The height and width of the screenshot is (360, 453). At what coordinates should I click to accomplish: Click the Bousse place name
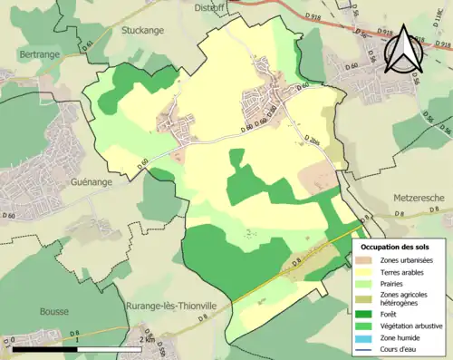(x=53, y=311)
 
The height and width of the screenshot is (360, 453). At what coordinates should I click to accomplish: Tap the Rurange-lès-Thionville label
(x=172, y=306)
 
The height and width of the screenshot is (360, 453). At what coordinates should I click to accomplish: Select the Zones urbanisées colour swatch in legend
(x=368, y=260)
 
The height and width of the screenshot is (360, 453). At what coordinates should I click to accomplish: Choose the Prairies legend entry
(x=394, y=284)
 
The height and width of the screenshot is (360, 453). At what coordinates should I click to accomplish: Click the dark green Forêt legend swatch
(x=368, y=309)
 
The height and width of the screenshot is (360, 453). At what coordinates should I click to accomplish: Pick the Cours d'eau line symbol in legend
(x=368, y=346)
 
